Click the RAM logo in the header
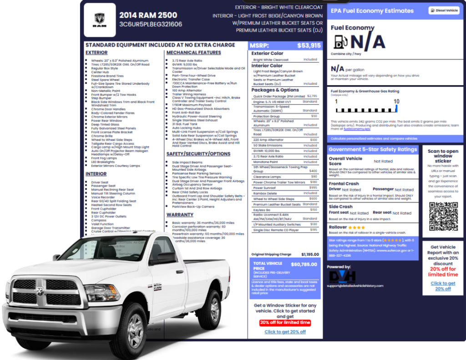pyautogui.click(x=100, y=20)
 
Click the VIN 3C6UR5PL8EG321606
pyautogui.click(x=151, y=25)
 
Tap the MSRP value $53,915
pyautogui.click(x=309, y=46)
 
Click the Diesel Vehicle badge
pyautogui.click(x=444, y=10)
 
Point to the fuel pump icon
pyautogui.click(x=339, y=42)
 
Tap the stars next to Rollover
pyautogui.click(x=357, y=227)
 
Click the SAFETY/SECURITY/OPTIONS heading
pyautogui.click(x=198, y=154)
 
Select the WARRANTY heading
pyautogui.click(x=180, y=214)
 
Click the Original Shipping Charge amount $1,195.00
pyautogui.click(x=310, y=254)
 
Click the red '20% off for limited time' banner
pyautogui.click(x=285, y=322)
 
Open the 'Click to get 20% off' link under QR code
pyautogui.click(x=443, y=286)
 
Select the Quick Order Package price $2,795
pyautogui.click(x=312, y=96)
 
